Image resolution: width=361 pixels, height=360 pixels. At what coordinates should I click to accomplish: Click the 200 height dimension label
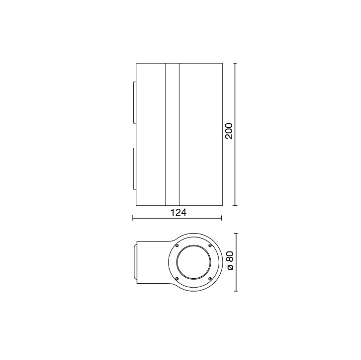(229, 131)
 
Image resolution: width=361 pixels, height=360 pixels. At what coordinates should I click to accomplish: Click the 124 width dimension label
(178, 212)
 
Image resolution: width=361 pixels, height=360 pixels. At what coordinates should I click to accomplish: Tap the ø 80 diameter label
(230, 261)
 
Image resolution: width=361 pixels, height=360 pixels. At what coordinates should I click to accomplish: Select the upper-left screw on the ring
(177, 245)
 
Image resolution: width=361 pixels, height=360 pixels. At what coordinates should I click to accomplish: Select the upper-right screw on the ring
(210, 245)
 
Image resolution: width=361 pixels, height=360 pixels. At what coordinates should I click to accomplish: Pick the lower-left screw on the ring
(177, 279)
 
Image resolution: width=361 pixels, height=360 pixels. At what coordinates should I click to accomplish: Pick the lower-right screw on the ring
(210, 279)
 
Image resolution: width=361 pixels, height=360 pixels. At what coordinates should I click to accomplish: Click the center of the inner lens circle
(193, 262)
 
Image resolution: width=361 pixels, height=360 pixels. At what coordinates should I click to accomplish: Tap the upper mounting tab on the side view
(135, 103)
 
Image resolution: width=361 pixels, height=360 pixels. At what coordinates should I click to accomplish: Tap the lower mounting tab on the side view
(135, 169)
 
